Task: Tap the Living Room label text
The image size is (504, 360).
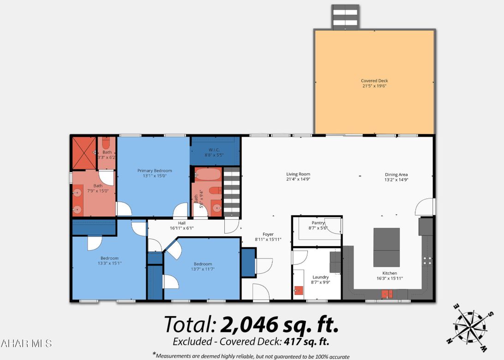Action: click(298, 174)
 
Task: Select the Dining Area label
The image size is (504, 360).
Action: click(396, 174)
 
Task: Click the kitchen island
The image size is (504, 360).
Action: click(386, 247)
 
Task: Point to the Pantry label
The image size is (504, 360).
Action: click(318, 223)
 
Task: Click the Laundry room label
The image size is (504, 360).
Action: click(320, 277)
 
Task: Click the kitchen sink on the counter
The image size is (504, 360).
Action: click(387, 294)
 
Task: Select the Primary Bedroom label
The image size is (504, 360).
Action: click(155, 171)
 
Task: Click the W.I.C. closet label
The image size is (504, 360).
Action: click(214, 150)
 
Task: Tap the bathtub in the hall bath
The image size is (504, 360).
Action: click(208, 174)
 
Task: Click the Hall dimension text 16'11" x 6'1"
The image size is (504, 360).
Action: click(182, 228)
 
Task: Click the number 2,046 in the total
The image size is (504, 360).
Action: click(249, 325)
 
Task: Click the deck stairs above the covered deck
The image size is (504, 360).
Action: click(345, 17)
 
